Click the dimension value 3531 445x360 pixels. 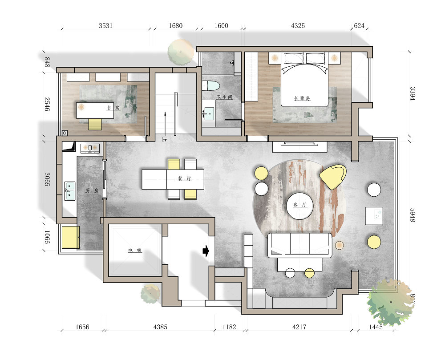pyautogui.click(x=105, y=26)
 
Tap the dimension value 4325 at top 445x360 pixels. pyautogui.click(x=298, y=26)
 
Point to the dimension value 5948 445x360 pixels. pyautogui.click(x=413, y=215)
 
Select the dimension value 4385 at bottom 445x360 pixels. pyautogui.click(x=160, y=327)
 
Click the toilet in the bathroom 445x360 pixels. pyautogui.click(x=211, y=85)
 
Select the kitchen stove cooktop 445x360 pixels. pyautogui.click(x=90, y=148)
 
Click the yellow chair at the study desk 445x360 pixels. pyautogui.click(x=95, y=124)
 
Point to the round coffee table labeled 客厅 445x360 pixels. pyautogui.click(x=299, y=206)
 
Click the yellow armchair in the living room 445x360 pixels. pyautogui.click(x=333, y=176)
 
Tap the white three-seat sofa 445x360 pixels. pyautogui.click(x=299, y=245)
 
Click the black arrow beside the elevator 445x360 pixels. pyautogui.click(x=206, y=251)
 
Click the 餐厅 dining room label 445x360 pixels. pyautogui.click(x=185, y=179)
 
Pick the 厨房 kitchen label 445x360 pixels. pyautogui.click(x=92, y=190)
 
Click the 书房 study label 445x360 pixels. pyautogui.click(x=113, y=108)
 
